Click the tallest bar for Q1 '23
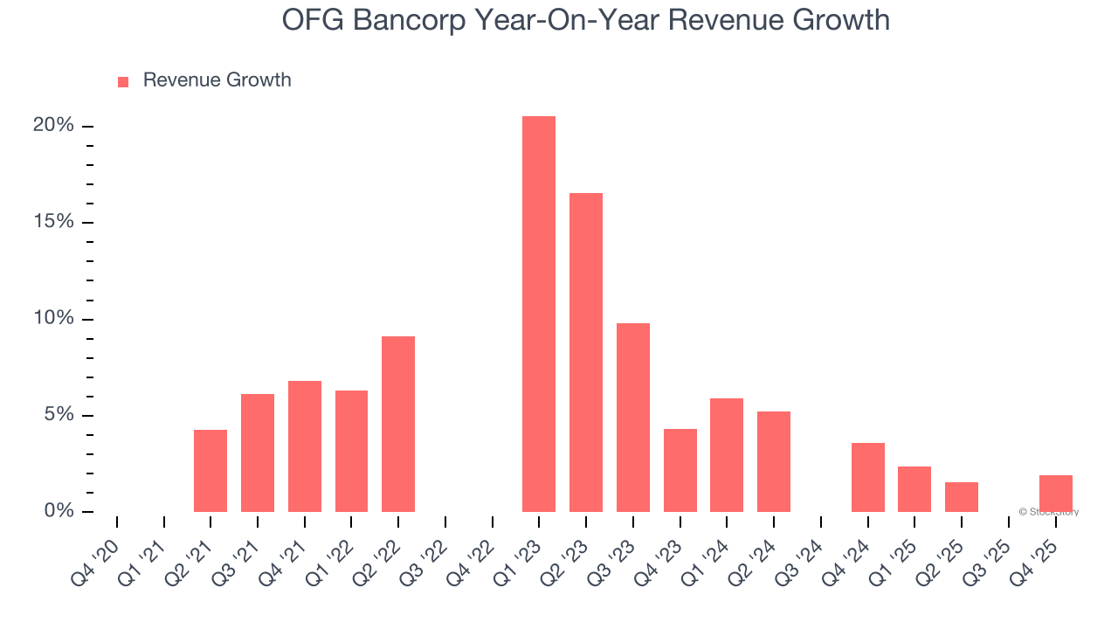(539, 314)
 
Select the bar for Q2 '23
(586, 352)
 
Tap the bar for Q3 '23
(633, 418)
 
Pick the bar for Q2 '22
(398, 424)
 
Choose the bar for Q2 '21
(210, 471)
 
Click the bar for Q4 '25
(1056, 494)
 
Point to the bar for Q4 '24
(868, 477)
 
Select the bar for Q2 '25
(962, 497)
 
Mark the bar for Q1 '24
(727, 455)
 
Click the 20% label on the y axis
(53, 126)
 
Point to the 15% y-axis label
(53, 222)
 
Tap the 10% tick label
(53, 319)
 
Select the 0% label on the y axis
(59, 511)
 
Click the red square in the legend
(123, 81)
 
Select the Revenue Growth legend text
(217, 80)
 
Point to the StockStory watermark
(1049, 512)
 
